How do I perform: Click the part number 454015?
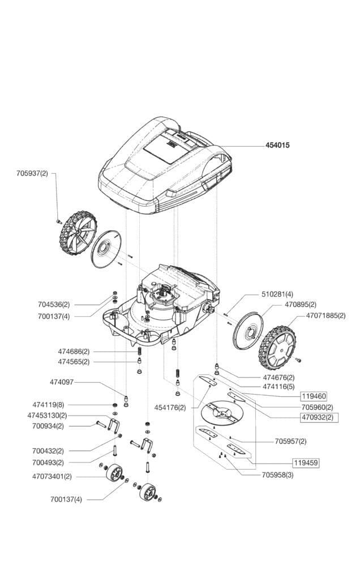pos(277,145)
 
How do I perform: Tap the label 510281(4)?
pos(277,294)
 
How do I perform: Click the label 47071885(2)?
pos(325,315)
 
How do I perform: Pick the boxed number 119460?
pos(314,396)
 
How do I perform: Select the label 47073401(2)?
pos(53,477)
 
